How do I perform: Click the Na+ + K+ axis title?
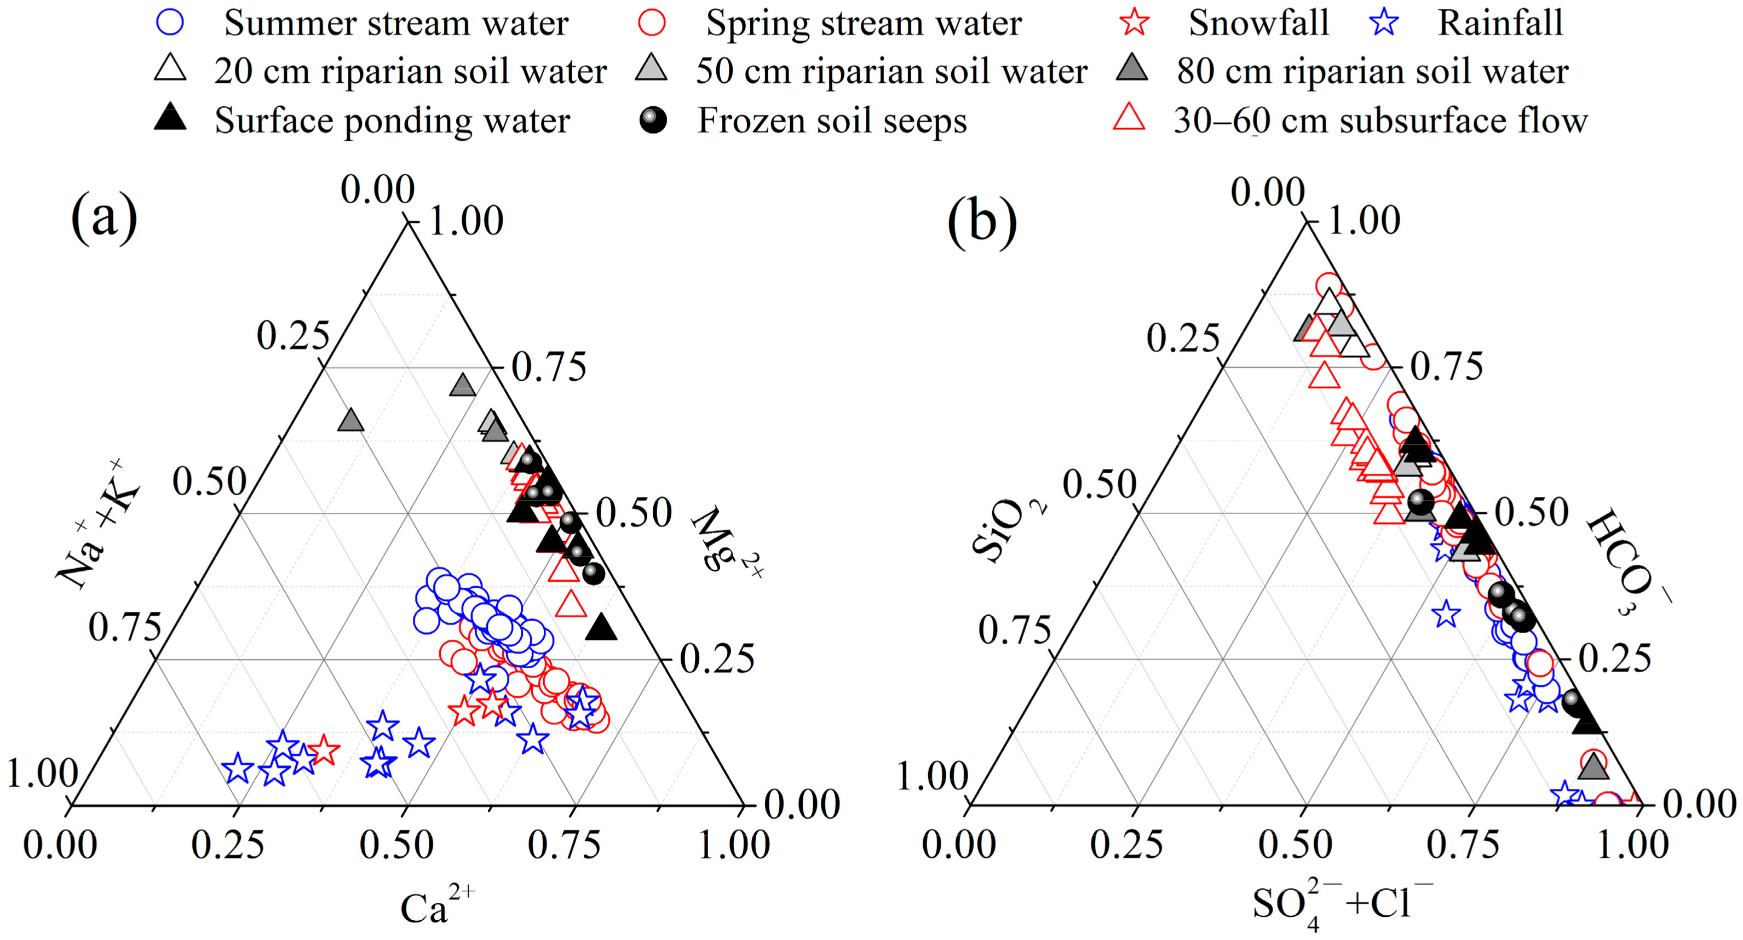98,524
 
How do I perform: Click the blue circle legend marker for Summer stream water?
170,22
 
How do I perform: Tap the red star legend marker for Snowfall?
1135,22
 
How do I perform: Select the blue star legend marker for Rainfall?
1384,22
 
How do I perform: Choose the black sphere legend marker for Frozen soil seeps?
652,120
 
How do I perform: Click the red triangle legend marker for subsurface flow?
1129,118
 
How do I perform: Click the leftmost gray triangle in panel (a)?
350,421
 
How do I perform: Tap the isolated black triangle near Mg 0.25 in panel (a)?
601,628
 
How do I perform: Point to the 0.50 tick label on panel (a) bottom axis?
396,845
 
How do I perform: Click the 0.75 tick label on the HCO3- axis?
1446,366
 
